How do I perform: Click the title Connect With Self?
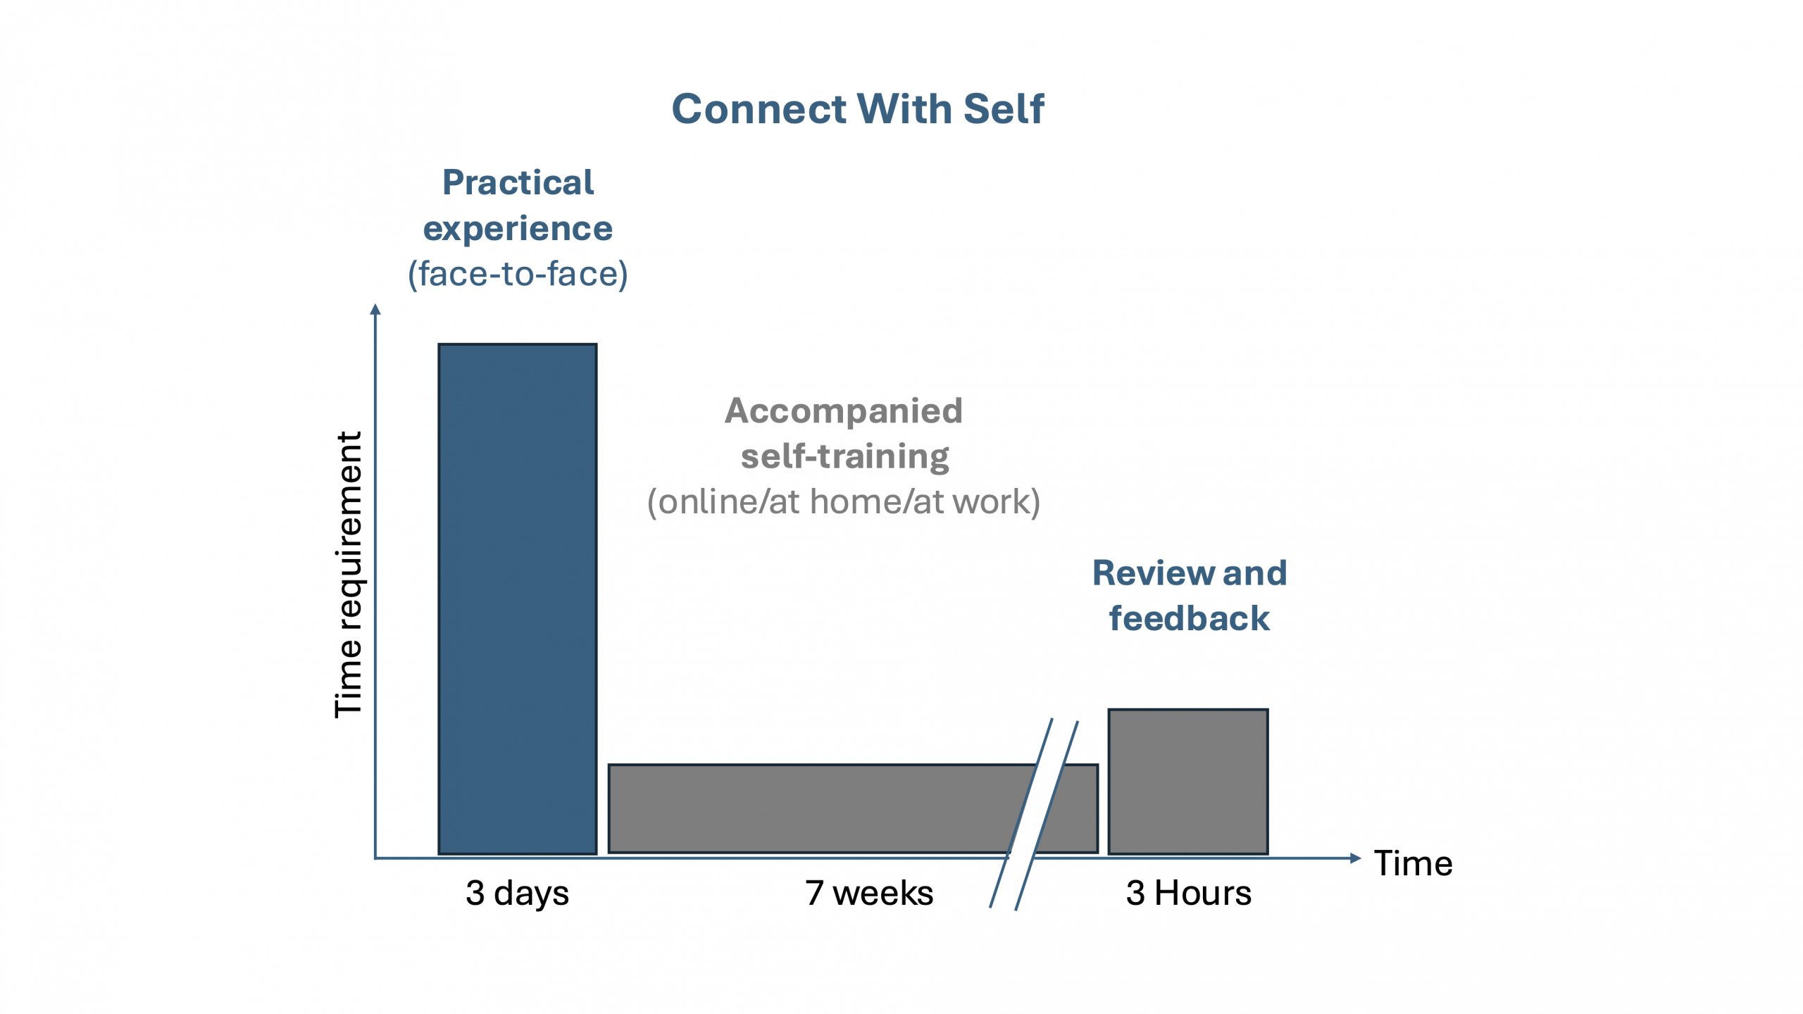point(857,109)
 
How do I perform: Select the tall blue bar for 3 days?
point(517,599)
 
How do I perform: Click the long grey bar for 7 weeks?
point(810,808)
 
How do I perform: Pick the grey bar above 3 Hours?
point(1188,781)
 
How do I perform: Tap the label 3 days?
point(517,893)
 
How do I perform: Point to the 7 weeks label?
point(869,893)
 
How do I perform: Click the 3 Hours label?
point(1188,893)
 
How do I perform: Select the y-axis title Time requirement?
point(349,575)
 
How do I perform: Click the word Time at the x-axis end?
point(1413,863)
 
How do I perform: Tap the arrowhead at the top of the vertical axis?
point(375,309)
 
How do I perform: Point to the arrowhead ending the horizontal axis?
point(1355,858)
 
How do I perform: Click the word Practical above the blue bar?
point(518,183)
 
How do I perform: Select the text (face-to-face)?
point(518,274)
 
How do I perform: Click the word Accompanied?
point(843,411)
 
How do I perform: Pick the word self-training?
point(844,456)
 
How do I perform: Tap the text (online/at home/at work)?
point(843,502)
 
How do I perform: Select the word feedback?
point(1189,618)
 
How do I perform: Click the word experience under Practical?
point(518,229)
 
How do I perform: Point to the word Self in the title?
point(1004,109)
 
